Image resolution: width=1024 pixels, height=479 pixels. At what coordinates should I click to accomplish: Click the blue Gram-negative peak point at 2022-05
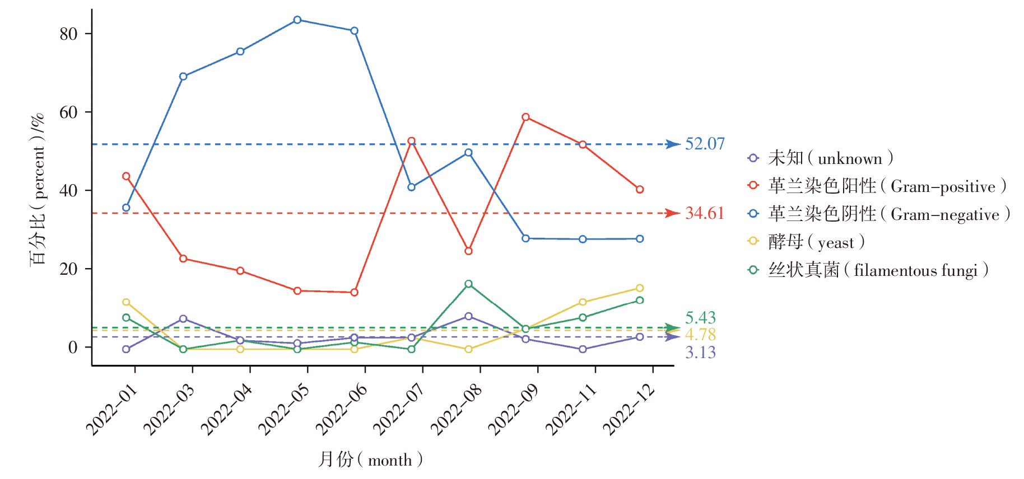coord(297,20)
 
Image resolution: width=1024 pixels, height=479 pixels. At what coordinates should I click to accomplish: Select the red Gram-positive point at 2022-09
coord(525,117)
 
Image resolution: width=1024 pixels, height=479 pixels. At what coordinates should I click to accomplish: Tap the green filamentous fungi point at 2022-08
coord(468,284)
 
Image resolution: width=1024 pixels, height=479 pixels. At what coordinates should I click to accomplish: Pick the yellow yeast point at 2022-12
coord(640,288)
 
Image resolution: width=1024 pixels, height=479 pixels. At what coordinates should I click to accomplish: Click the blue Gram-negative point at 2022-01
coord(126,208)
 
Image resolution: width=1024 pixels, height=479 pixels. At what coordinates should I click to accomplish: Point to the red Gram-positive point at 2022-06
coord(354,292)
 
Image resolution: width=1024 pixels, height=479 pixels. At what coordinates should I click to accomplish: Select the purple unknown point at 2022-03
coord(183,319)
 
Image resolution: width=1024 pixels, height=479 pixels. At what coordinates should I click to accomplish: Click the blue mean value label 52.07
coord(705,144)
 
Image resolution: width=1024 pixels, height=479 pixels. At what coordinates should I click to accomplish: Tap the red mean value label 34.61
coord(705,213)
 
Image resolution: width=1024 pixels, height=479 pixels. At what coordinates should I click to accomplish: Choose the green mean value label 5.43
coord(700,318)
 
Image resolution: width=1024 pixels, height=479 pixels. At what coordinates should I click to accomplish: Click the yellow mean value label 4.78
coord(700,335)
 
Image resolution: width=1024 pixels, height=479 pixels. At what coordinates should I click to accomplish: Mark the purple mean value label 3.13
coord(700,353)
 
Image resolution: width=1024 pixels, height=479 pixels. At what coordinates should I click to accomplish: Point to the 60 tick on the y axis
coord(68,112)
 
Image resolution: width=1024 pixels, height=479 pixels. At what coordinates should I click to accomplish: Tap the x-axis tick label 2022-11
coord(571,410)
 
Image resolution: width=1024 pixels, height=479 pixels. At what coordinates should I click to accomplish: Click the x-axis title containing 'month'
coord(370,459)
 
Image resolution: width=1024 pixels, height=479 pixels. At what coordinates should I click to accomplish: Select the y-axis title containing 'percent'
coord(38,190)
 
